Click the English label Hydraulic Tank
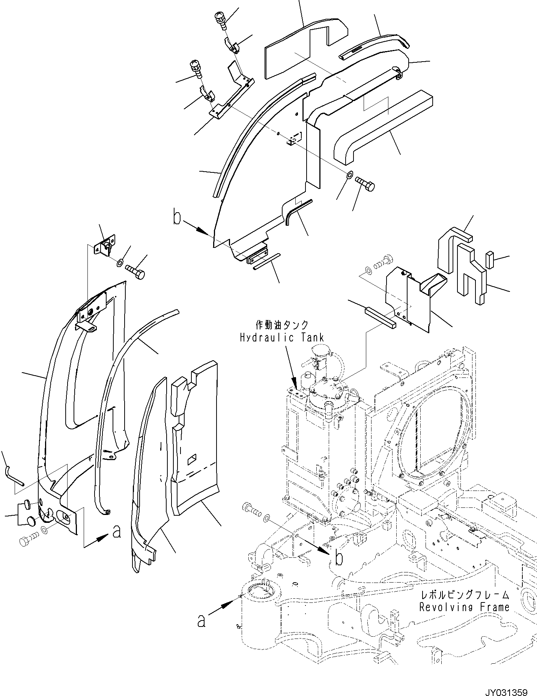click(x=281, y=338)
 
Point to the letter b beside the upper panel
click(x=177, y=218)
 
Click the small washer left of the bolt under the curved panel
click(x=349, y=175)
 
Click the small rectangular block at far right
click(x=490, y=260)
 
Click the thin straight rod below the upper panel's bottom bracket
click(x=266, y=261)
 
